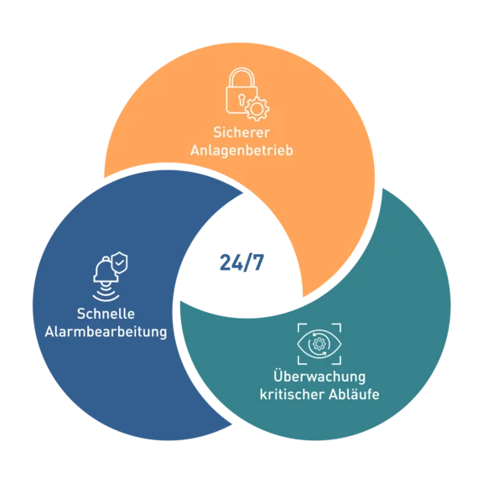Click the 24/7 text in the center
click(241, 262)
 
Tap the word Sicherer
click(241, 132)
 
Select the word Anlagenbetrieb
click(241, 150)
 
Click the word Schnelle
click(106, 314)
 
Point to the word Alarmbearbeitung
click(106, 332)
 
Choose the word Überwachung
click(319, 376)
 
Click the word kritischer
click(292, 394)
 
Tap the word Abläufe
click(354, 394)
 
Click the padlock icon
click(241, 91)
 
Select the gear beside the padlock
click(257, 108)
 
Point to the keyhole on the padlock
click(241, 99)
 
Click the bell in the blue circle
click(106, 271)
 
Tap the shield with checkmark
click(120, 262)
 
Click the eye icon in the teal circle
click(319, 344)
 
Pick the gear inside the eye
click(319, 344)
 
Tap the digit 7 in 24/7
click(257, 262)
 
